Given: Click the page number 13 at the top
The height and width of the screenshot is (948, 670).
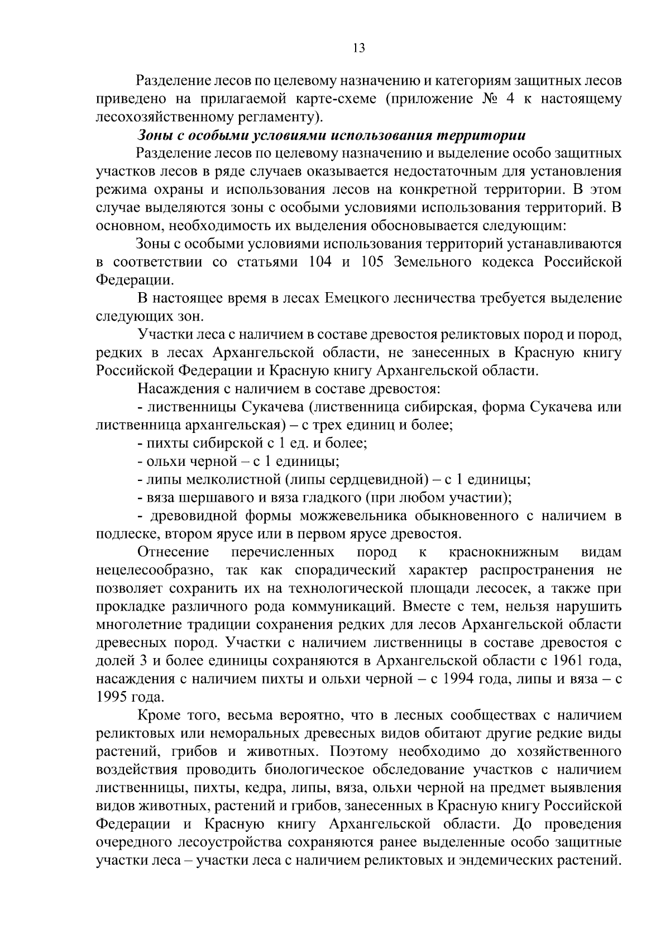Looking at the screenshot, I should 359,48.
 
